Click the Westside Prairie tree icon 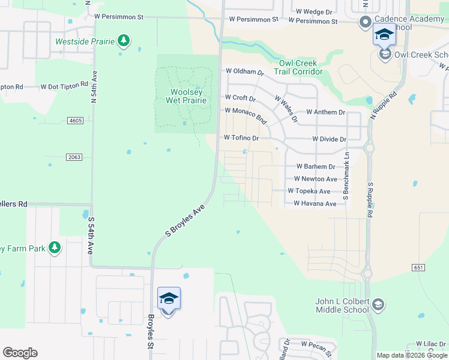pyautogui.click(x=124, y=41)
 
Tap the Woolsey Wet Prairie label pyautogui.click(x=186, y=96)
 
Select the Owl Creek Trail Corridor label pyautogui.click(x=298, y=67)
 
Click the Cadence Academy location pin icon pyautogui.click(x=365, y=23)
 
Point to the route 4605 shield pyautogui.click(x=75, y=121)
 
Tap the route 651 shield pyautogui.click(x=419, y=267)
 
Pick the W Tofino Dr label pyautogui.click(x=241, y=138)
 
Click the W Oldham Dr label pyautogui.click(x=244, y=71)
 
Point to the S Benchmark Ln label pyautogui.click(x=346, y=176)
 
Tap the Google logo pyautogui.click(x=20, y=353)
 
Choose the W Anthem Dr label pyautogui.click(x=325, y=112)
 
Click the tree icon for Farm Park pyautogui.click(x=55, y=247)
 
